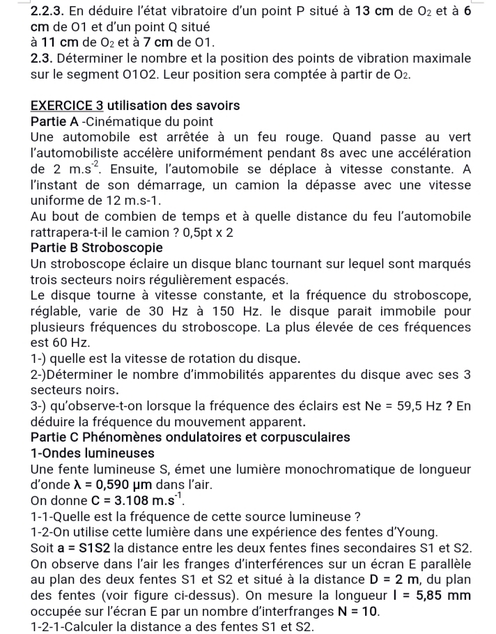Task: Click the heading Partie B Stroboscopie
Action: [97, 247]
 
